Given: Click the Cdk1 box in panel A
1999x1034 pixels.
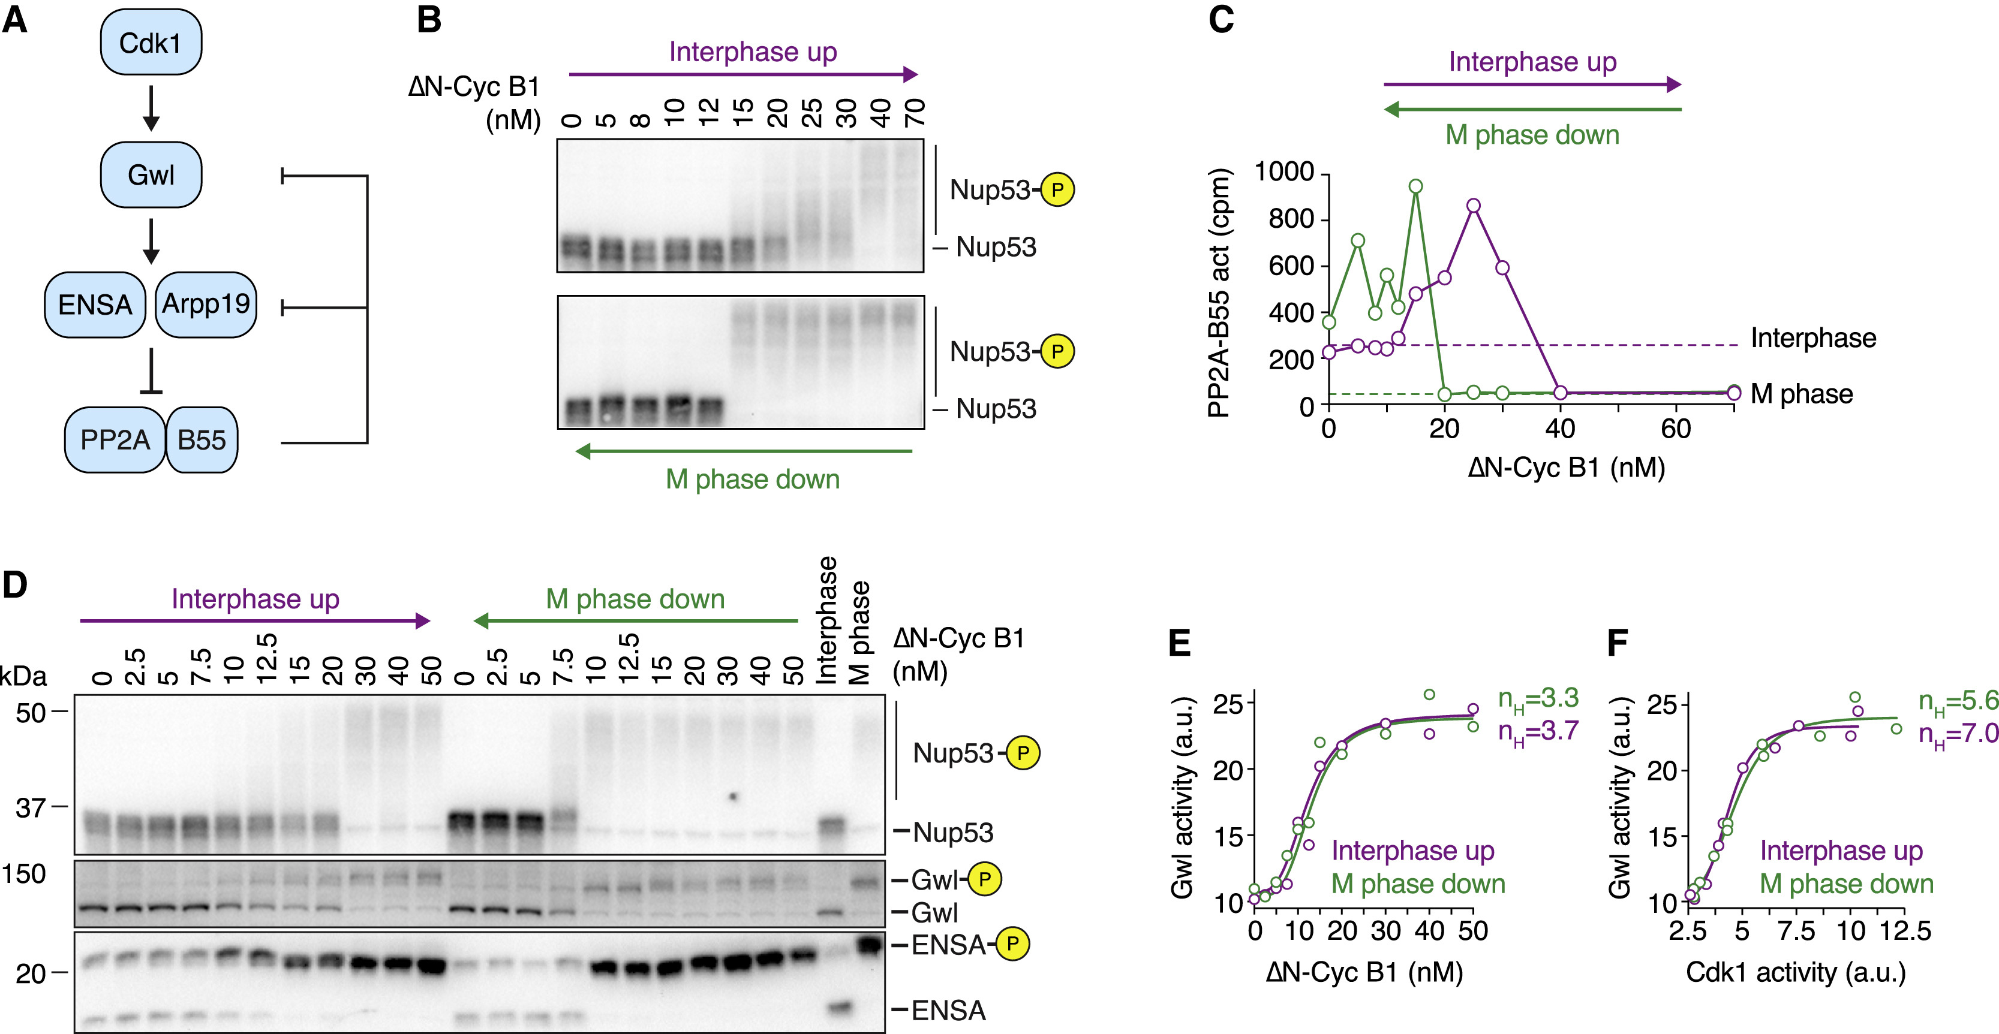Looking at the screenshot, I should tap(151, 43).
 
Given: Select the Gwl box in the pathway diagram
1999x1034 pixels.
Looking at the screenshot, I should tap(151, 174).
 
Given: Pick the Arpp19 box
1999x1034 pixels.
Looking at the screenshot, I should tap(206, 304).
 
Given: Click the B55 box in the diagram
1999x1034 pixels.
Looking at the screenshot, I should tap(202, 440).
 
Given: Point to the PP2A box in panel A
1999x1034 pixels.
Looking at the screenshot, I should tap(115, 440).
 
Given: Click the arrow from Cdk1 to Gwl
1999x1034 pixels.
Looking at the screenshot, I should tap(151, 108).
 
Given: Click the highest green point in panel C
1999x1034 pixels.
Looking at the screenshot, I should tap(1415, 186).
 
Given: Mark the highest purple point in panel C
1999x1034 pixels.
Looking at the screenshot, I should tap(1474, 206).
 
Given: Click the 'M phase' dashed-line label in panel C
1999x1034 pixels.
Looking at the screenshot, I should tap(1801, 394).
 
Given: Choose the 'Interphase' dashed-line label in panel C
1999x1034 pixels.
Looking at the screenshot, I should tap(1812, 338).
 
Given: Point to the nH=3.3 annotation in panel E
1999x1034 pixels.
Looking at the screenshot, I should tap(1538, 699).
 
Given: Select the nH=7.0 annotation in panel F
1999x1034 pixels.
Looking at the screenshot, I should tap(1958, 734).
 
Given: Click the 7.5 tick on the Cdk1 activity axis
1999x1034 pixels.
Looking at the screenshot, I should tap(1796, 930).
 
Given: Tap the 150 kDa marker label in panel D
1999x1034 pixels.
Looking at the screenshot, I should tap(23, 874).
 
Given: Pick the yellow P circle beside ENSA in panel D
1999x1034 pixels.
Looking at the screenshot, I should tap(1012, 944).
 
